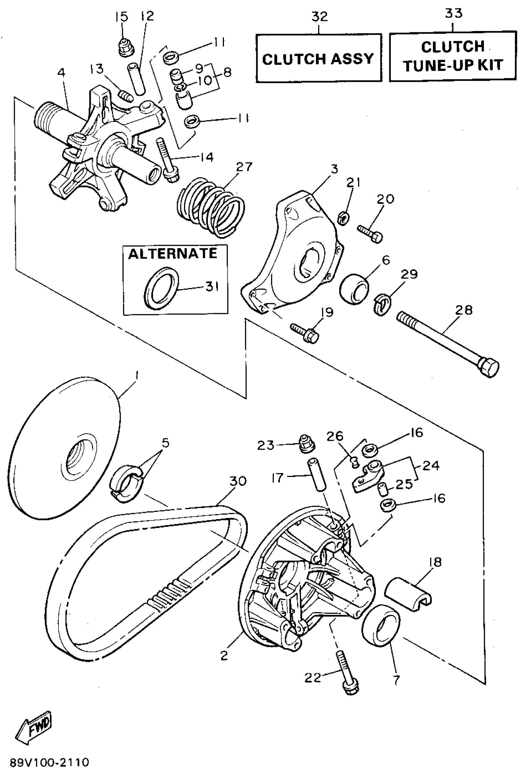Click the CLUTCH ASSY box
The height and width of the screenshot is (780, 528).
318,58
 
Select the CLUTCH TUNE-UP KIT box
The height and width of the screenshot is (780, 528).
453,56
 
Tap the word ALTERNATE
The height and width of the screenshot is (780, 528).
173,254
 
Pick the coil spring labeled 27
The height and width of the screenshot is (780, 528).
211,208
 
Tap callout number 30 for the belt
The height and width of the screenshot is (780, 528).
238,482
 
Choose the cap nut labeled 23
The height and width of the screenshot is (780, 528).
306,444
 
